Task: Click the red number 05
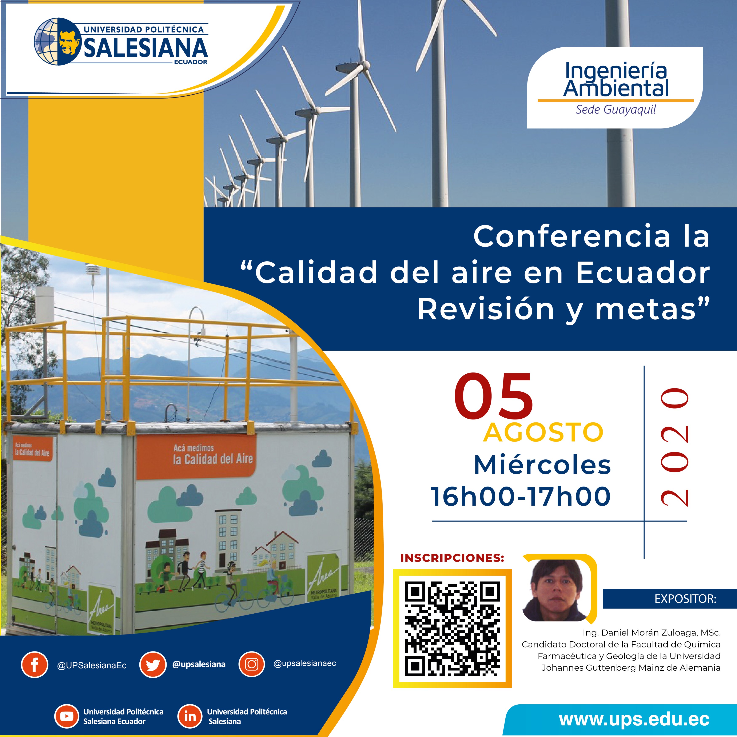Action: click(493, 397)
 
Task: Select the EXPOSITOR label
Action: click(685, 599)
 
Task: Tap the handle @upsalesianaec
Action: click(305, 663)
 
